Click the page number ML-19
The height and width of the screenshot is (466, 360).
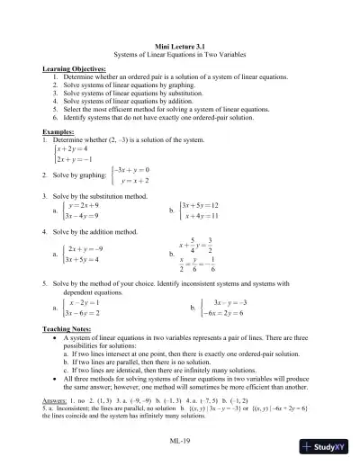tap(180, 440)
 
